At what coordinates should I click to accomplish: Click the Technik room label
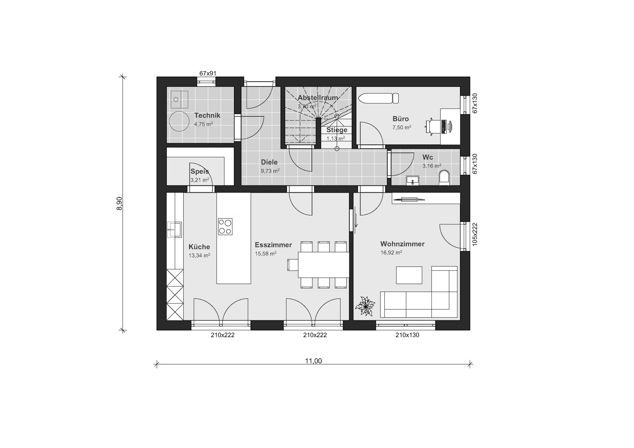(207, 115)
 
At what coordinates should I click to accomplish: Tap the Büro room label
(401, 119)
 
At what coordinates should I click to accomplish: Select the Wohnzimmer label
(402, 244)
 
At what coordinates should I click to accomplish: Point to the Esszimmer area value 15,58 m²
(265, 254)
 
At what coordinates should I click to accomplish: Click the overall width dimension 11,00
(313, 361)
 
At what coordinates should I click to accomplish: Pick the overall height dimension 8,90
(119, 203)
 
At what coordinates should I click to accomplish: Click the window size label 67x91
(208, 73)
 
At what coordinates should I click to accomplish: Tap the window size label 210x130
(407, 335)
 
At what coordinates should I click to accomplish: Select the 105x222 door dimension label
(475, 235)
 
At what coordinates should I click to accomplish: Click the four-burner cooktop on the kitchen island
(225, 227)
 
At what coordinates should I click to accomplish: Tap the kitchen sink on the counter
(175, 230)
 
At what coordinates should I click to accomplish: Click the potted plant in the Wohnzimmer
(365, 306)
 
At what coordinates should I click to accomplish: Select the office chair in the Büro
(433, 127)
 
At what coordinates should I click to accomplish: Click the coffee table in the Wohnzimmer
(409, 275)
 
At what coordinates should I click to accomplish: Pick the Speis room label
(200, 172)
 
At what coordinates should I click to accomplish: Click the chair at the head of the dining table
(293, 265)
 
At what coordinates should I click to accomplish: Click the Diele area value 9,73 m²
(270, 171)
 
